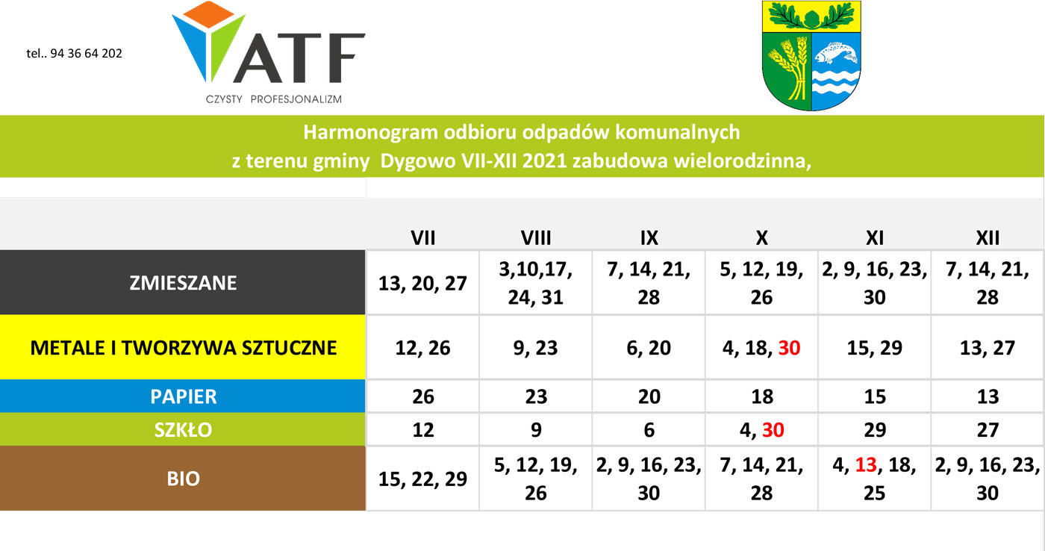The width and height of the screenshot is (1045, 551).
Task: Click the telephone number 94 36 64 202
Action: point(86,54)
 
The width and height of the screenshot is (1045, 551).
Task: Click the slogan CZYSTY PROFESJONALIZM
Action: point(274,99)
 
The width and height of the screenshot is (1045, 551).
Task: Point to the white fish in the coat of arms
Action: point(836,53)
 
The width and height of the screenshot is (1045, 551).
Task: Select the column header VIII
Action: point(536,238)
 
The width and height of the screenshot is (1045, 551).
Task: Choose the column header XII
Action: point(988,238)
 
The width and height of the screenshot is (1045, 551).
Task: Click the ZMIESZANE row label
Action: point(183,283)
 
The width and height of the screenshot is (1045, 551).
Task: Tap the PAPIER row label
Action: point(184,396)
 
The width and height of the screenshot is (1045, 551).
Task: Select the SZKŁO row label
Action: point(184,430)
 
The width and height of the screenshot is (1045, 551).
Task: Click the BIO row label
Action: point(184,479)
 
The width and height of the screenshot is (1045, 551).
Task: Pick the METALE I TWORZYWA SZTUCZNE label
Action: point(184,348)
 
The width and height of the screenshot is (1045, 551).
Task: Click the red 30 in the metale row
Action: point(790,348)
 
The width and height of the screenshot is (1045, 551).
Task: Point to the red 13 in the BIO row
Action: point(866,465)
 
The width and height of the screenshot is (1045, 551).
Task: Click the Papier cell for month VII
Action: point(423,396)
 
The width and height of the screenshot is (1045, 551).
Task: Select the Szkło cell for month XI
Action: point(875,430)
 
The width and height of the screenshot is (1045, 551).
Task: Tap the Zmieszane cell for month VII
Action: point(423,283)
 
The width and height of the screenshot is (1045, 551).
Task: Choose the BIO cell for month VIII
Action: point(536,479)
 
